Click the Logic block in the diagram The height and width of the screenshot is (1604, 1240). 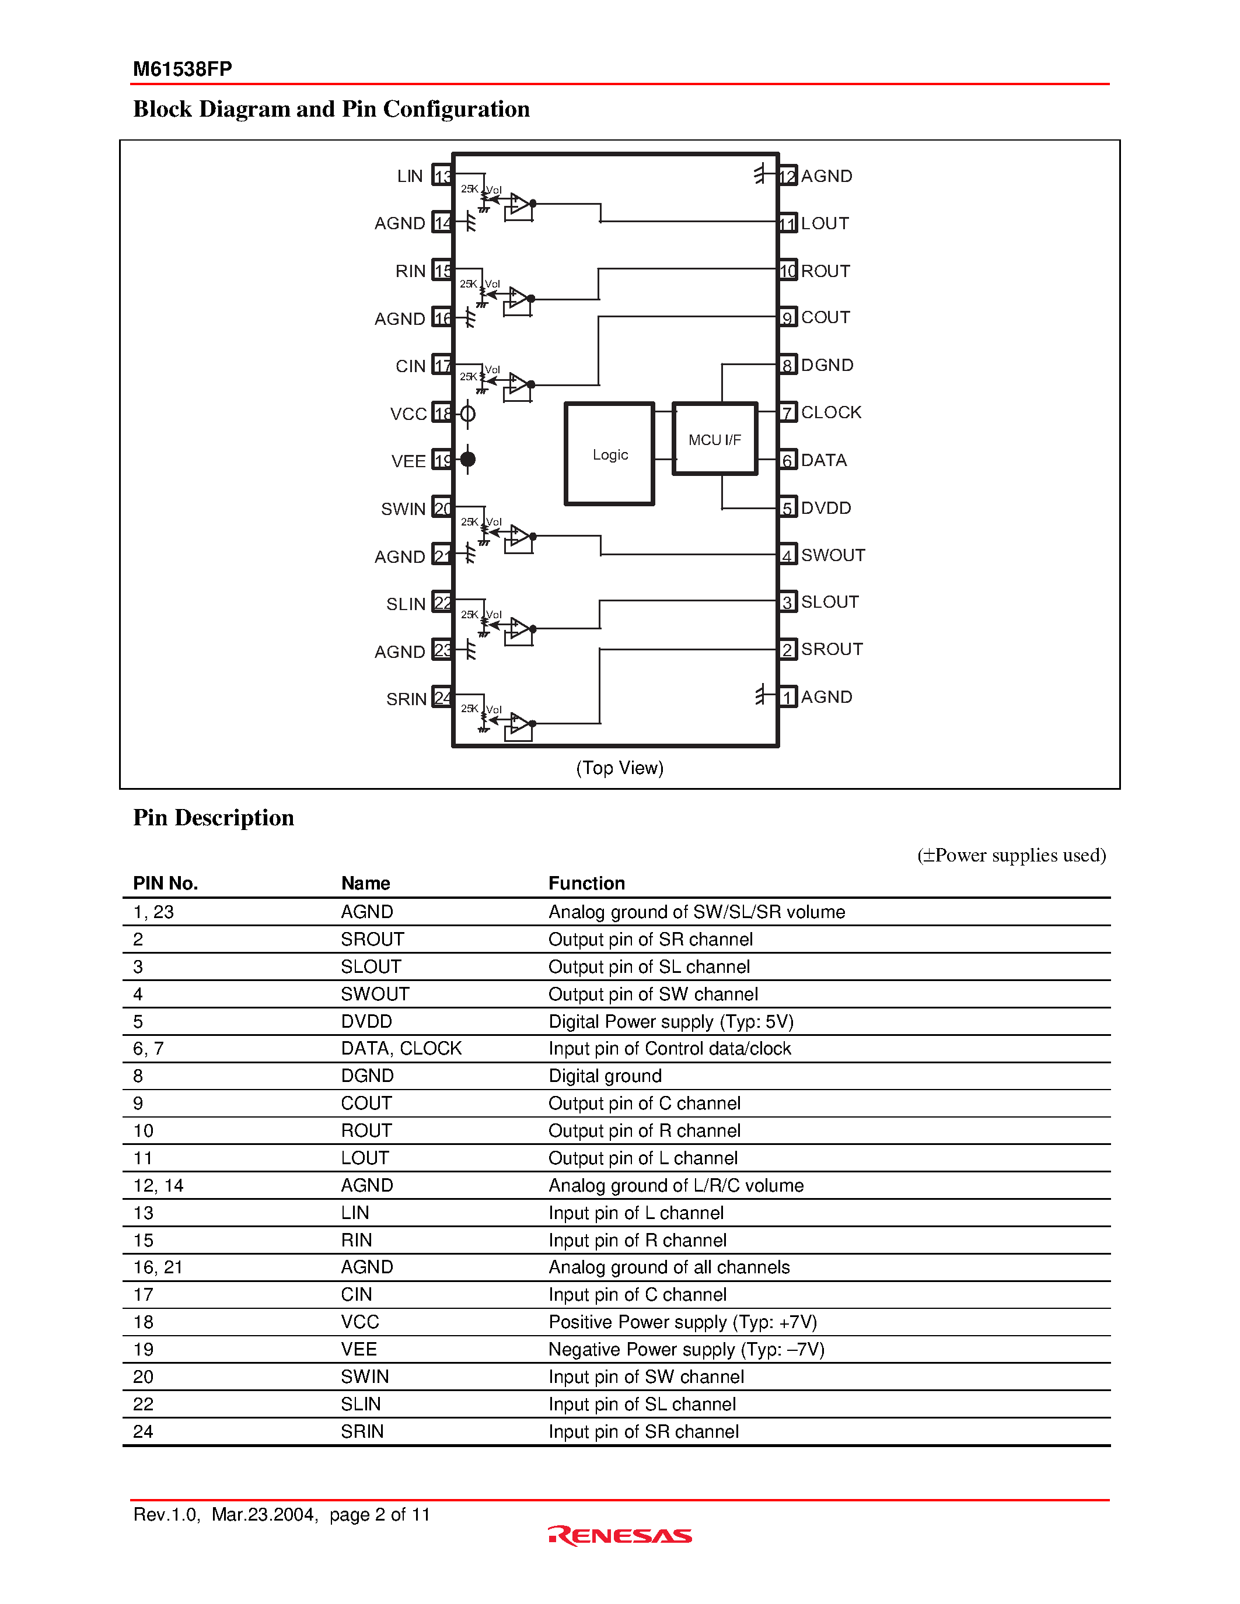[x=609, y=454]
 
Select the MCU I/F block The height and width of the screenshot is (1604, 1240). [x=714, y=439]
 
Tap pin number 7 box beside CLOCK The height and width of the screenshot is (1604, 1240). [x=787, y=413]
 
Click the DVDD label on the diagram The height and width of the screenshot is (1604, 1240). [x=826, y=507]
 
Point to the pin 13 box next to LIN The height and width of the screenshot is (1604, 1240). [x=442, y=176]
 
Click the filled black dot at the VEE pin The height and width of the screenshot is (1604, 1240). [x=468, y=460]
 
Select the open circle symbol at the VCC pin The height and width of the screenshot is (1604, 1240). [x=468, y=414]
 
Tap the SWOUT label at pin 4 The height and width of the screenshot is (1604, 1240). [x=832, y=555]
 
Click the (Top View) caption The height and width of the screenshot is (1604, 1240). [x=619, y=768]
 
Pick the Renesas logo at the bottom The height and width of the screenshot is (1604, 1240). [x=620, y=1536]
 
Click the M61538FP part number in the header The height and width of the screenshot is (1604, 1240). [x=182, y=69]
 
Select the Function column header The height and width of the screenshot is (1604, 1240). [x=586, y=883]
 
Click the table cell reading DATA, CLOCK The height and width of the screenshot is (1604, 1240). [x=401, y=1048]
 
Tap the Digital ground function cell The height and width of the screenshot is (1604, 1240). [x=605, y=1076]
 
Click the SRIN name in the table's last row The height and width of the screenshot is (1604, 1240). [x=362, y=1431]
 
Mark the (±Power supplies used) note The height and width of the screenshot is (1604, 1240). [x=1011, y=855]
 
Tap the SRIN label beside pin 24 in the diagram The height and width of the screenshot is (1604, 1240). [x=406, y=699]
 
